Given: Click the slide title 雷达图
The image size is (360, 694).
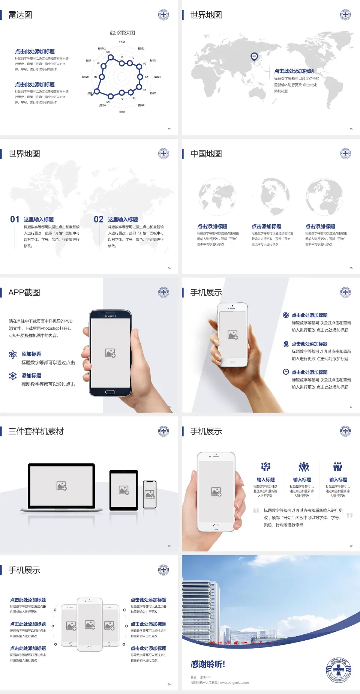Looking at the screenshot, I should click(20, 15).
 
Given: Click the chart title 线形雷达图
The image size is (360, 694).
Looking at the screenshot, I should click(122, 33).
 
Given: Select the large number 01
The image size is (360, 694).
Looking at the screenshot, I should click(15, 219).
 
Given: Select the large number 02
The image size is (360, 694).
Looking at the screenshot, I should click(99, 219).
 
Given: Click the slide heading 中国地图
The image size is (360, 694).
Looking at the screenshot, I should click(206, 154).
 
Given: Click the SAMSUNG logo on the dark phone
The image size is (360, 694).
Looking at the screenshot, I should click(110, 316).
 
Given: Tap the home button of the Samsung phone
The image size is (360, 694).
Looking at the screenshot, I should click(110, 392).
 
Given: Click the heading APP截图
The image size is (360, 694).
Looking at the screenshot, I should click(24, 293).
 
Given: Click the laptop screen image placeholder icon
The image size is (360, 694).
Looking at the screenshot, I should click(61, 486).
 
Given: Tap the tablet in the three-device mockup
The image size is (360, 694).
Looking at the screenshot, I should click(124, 490).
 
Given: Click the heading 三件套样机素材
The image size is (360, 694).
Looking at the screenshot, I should click(36, 431).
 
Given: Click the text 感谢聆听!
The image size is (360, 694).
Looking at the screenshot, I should click(208, 664).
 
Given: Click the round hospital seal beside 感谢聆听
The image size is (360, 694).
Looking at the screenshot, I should click(338, 670).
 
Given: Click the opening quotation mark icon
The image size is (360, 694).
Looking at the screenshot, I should click(256, 511).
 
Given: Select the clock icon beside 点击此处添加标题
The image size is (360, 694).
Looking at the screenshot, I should click(286, 372).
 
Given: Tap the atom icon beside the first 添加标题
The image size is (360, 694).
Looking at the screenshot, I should click(13, 355).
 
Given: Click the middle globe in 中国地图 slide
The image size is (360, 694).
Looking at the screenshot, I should click(276, 197).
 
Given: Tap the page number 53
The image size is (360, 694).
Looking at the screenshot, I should click(351, 129).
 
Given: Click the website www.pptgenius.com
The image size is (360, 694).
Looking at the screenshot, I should click(234, 683).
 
